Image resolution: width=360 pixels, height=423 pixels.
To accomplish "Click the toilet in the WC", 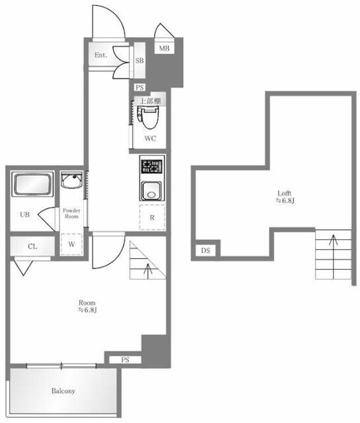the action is tap(148, 118).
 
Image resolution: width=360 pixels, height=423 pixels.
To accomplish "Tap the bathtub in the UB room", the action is tap(32, 184).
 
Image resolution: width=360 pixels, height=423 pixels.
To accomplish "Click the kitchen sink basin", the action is tap(152, 191).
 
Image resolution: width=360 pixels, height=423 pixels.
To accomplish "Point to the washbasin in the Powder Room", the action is tap(71, 180).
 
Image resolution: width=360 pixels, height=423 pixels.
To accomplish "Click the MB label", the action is tap(164, 48).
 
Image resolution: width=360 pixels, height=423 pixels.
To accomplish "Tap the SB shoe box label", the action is tap(139, 60).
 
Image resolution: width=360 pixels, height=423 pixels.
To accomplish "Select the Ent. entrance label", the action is tap(101, 55).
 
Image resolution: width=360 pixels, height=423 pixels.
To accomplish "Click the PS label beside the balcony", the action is tap(125, 360).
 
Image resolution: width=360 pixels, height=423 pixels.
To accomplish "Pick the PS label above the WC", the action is tap(139, 87).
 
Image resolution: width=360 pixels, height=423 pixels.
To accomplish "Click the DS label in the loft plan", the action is tap(205, 250).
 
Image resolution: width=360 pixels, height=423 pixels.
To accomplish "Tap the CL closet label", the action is tap(32, 247).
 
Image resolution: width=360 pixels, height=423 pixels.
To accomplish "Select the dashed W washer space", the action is tap(71, 244).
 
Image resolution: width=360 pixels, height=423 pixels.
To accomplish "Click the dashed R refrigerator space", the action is tap(152, 217).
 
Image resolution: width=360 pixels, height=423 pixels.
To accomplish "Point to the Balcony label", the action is tap(63, 391).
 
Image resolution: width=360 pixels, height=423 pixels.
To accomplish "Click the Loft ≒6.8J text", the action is tap(285, 197).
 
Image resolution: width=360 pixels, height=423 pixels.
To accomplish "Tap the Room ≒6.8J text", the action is tap(87, 306).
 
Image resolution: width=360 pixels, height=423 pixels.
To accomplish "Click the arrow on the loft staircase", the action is tap(334, 257).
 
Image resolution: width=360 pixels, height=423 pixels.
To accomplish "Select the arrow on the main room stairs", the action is tap(148, 270).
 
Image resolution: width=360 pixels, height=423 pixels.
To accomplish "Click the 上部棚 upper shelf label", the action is tap(150, 101).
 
